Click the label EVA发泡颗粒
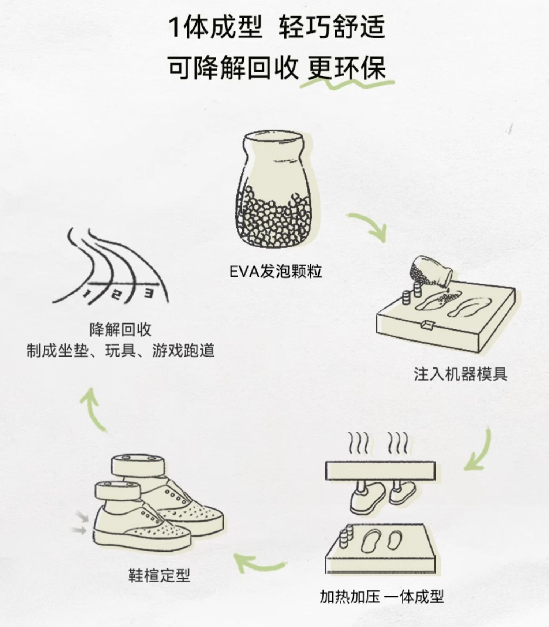click(x=275, y=272)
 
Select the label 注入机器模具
click(x=460, y=374)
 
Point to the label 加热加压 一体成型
click(x=381, y=597)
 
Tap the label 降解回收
click(x=120, y=330)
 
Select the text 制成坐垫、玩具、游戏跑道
click(x=120, y=351)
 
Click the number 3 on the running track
click(x=148, y=293)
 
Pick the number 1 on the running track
click(x=87, y=293)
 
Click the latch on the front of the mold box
click(x=427, y=324)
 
